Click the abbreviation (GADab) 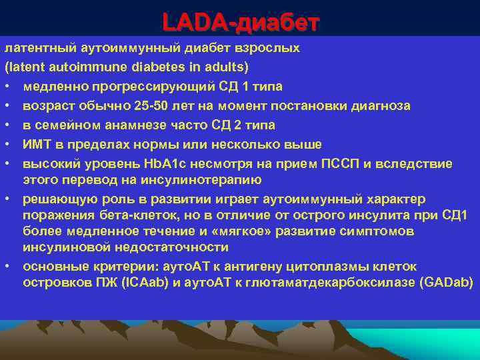446,283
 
